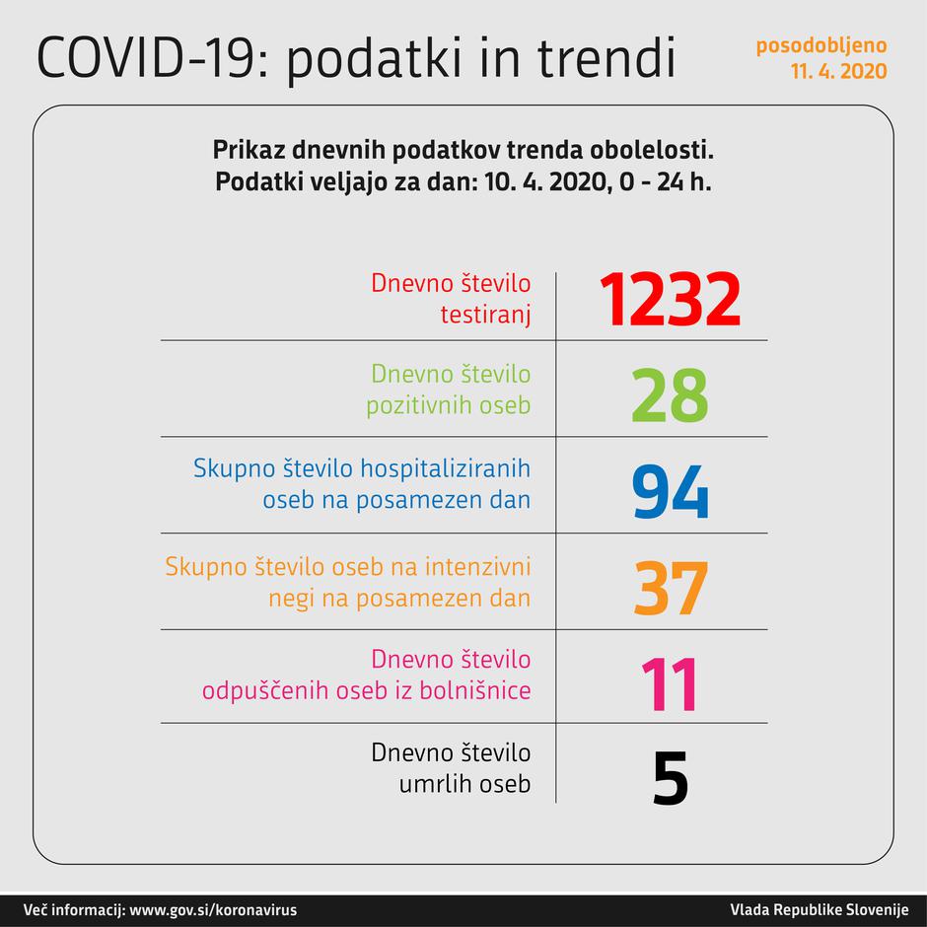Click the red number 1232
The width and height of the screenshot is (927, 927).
pos(670,300)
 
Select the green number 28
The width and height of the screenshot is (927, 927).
pos(670,395)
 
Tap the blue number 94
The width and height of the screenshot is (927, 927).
pos(670,492)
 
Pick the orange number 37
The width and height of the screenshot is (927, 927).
pos(670,589)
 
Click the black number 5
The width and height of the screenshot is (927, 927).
pos(670,779)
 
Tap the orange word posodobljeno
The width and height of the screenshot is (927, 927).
pos(821,46)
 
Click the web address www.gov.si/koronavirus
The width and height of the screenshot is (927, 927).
pos(213,909)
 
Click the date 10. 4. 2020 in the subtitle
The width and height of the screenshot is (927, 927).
pos(539,183)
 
